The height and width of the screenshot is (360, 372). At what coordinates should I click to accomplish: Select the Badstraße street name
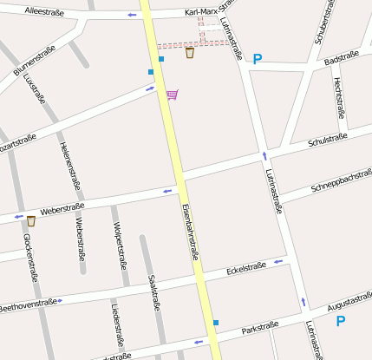[x=341, y=59]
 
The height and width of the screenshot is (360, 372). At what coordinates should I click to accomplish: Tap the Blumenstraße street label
[x=35, y=59]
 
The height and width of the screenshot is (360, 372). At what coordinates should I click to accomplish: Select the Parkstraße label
[x=260, y=329]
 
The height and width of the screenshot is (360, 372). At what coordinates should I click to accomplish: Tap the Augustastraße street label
[x=350, y=304]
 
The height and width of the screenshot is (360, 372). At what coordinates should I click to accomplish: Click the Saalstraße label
[x=153, y=292]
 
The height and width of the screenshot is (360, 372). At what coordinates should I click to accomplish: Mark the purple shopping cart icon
[x=173, y=94]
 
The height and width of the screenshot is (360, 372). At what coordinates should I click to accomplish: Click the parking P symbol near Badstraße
[x=257, y=59]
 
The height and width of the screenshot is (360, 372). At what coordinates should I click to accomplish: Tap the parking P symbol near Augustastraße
[x=340, y=321]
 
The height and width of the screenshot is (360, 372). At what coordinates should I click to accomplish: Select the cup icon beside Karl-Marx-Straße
[x=190, y=53]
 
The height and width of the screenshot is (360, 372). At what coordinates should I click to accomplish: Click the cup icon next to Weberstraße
[x=31, y=220]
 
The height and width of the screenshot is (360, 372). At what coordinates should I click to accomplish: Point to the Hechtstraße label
[x=339, y=96]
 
